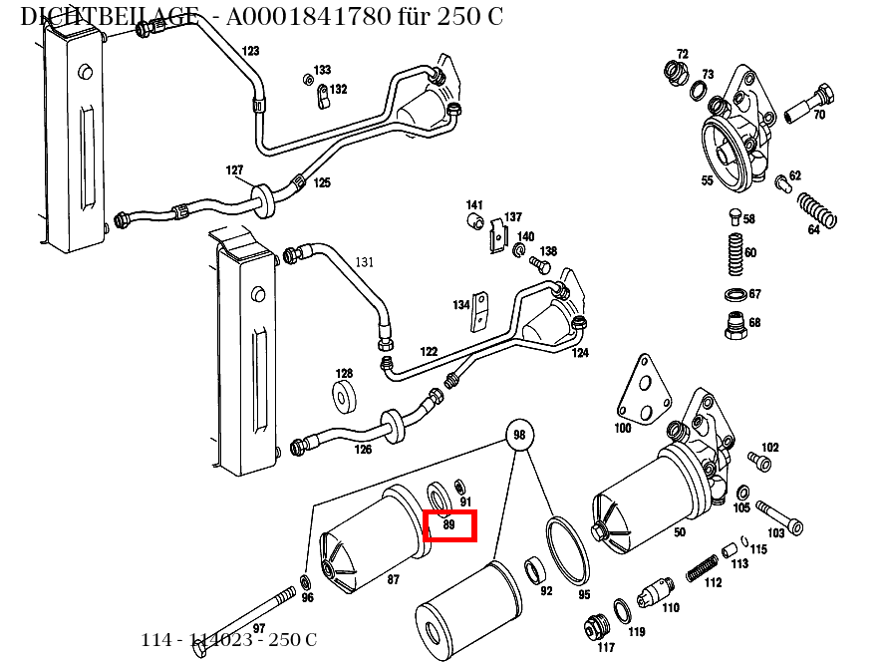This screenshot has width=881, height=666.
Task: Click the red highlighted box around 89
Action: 450,525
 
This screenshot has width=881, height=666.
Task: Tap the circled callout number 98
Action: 518,435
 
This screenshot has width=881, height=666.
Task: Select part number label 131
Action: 365,262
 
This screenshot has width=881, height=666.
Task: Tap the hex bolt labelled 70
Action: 808,104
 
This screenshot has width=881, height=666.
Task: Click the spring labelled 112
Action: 706,566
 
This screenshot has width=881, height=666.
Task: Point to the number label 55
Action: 707,181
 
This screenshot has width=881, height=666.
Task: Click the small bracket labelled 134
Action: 482,311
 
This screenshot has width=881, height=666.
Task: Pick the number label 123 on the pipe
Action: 250,51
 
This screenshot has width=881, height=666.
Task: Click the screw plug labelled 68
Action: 734,325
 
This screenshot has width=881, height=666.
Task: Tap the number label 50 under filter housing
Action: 679,532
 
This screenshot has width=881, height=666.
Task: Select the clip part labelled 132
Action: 323,97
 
